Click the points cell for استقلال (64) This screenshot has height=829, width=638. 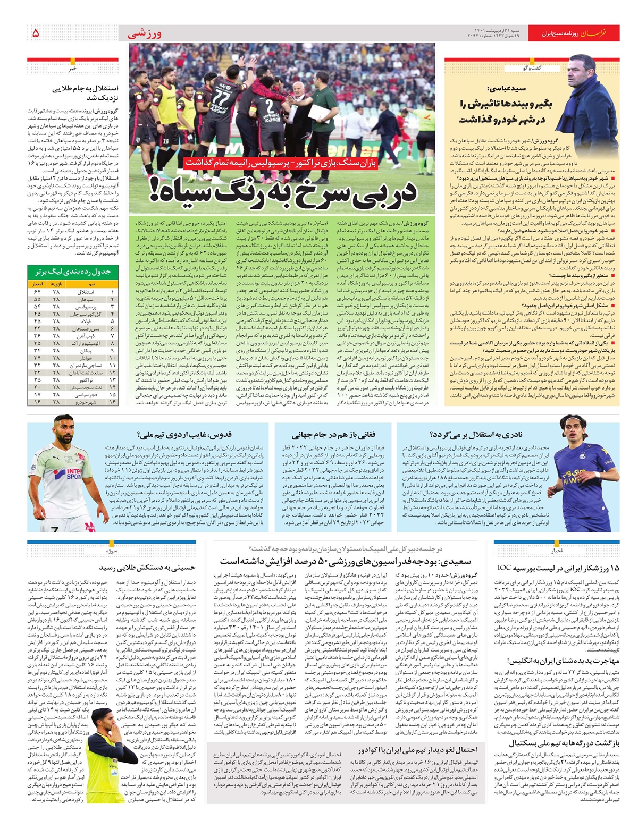[x=37, y=292]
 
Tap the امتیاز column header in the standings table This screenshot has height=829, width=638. [x=38, y=284]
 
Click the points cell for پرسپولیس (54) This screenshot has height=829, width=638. [x=37, y=307]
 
